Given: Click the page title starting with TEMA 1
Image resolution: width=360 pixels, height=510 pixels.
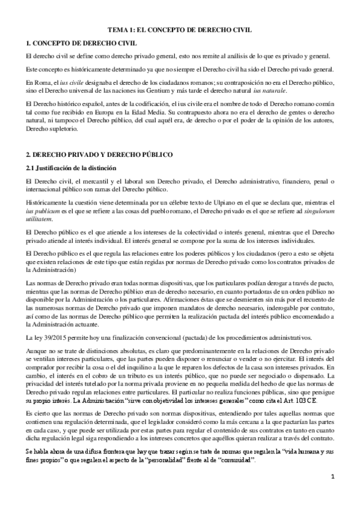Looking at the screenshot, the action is (179, 28).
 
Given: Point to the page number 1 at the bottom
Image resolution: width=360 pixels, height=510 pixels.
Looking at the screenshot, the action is (331, 494).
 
